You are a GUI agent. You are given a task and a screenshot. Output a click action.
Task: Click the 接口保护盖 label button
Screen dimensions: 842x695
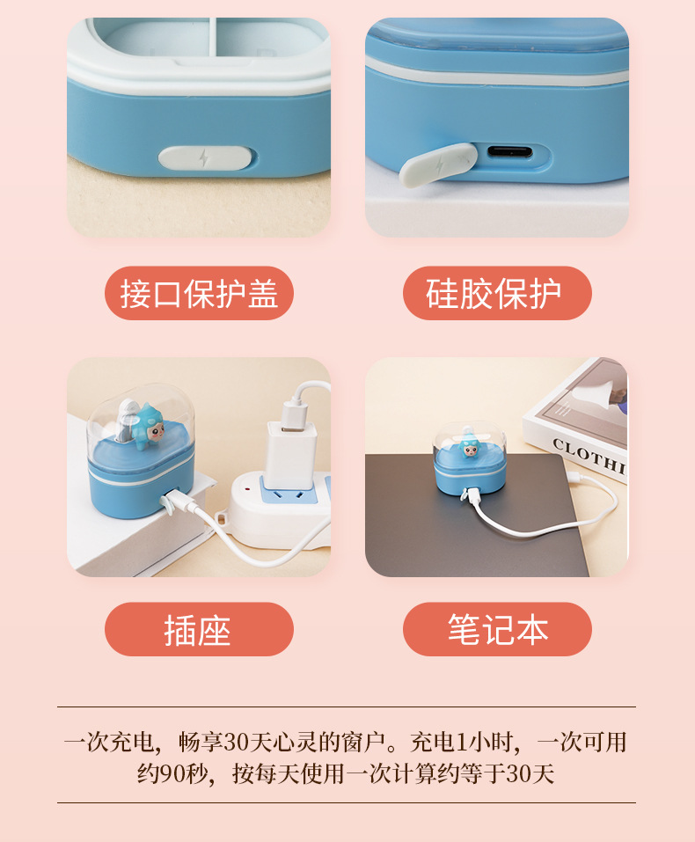(199, 294)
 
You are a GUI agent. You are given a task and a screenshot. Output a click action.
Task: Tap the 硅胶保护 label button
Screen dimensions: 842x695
(497, 294)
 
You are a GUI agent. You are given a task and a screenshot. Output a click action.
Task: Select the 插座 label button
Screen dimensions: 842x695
(199, 629)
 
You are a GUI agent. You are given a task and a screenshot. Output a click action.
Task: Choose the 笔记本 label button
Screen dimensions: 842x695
(497, 629)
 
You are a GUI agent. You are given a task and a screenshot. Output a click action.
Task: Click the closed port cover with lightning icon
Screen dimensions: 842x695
(205, 158)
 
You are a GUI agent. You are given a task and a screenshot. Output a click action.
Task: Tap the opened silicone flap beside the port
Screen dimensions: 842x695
(436, 165)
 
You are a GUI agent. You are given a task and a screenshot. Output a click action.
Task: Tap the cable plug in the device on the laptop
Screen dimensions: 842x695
(467, 496)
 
